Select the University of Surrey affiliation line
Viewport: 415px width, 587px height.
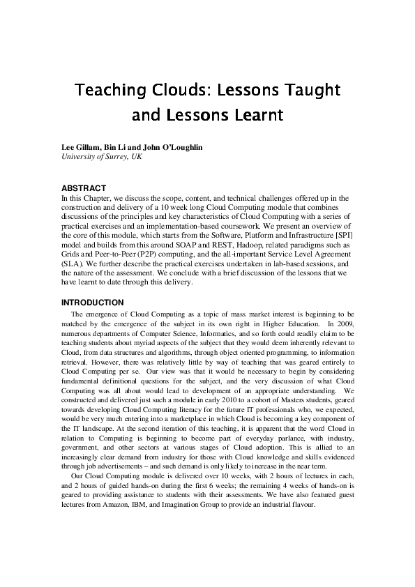[103, 158]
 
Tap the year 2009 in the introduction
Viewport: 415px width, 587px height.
[342, 323]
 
